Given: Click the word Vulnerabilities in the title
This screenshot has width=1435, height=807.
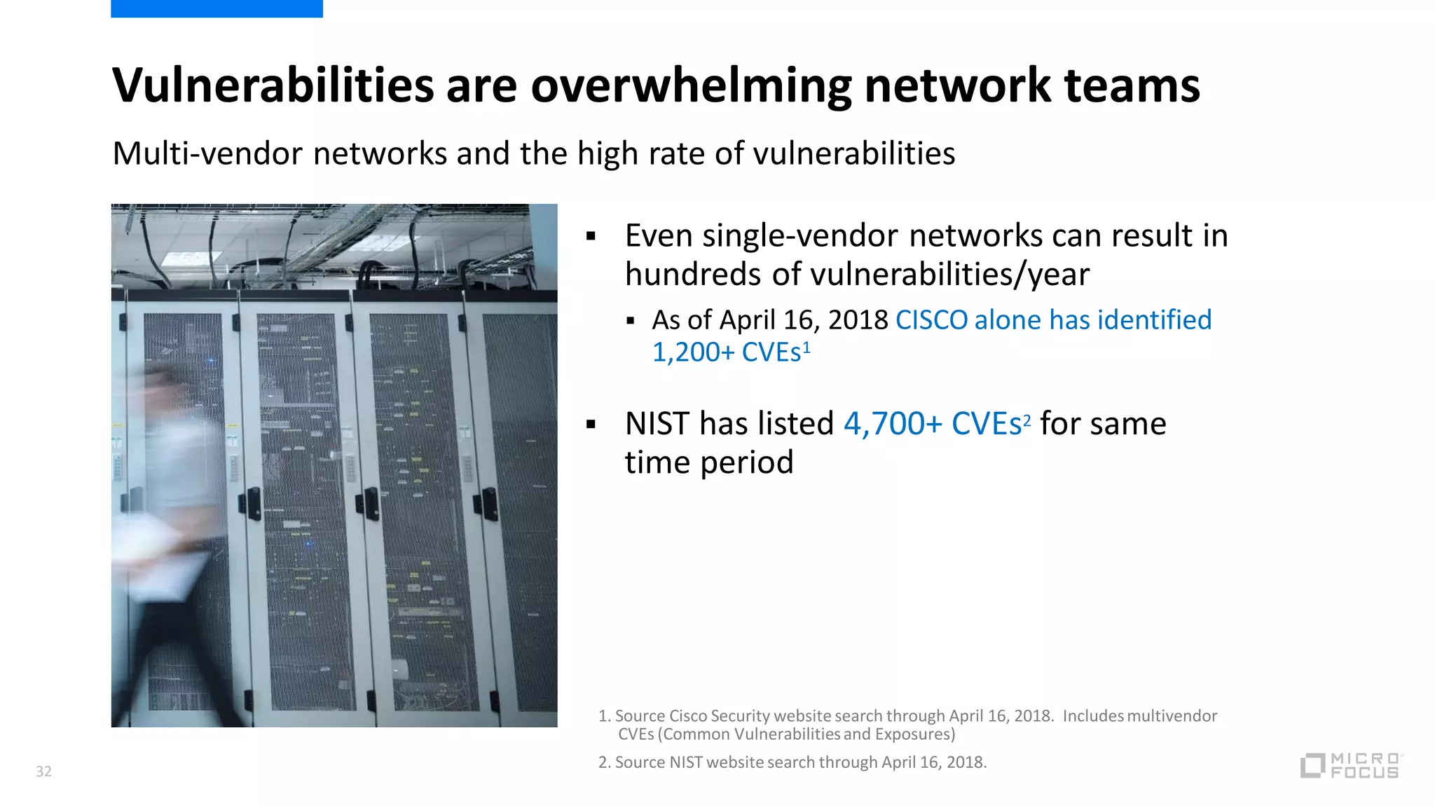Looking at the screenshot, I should coord(273,85).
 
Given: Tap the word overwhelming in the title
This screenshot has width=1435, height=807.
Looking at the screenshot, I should coord(691,85).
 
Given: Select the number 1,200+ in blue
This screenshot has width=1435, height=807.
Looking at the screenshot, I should coord(693,352).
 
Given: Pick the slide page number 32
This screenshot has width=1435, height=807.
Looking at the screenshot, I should coord(43,771).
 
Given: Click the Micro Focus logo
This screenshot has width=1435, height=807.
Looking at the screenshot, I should coord(1351,766).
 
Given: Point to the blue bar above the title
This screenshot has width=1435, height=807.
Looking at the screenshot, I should coord(217,8).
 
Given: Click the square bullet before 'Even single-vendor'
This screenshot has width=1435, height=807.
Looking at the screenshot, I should coord(591,237).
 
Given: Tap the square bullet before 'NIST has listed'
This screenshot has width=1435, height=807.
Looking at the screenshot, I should coord(591,425).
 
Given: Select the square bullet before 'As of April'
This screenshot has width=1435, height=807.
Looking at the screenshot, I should coord(631,322).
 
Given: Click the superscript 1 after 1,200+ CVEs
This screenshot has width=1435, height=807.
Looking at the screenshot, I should coord(806,346).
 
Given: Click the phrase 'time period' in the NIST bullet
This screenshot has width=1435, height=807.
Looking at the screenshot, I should coord(709,462).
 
